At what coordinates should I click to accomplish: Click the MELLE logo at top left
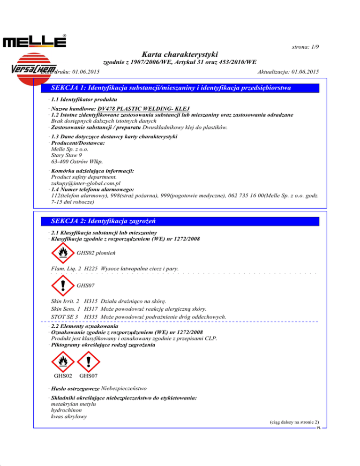pyautogui.click(x=35, y=41)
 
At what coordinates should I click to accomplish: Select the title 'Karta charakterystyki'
pyautogui.click(x=180, y=54)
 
